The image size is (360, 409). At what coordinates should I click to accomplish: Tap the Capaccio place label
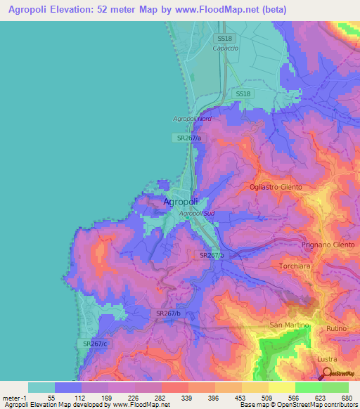226,48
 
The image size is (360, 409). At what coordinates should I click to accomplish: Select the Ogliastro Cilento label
276,187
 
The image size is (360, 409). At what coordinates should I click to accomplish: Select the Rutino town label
338,328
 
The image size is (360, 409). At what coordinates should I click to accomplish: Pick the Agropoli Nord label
192,119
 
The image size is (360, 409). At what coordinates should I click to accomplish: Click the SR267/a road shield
189,138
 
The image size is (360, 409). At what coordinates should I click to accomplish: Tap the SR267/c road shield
94,343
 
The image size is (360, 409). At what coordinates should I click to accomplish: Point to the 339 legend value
187,398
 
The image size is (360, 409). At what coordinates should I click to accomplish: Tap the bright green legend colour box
308,388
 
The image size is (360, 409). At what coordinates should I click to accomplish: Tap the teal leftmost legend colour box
41,388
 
